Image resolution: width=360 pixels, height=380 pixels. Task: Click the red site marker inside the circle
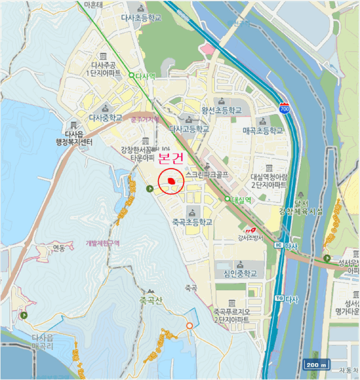171,180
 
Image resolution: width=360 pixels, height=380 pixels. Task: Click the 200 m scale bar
317,364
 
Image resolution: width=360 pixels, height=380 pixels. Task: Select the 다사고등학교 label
189,130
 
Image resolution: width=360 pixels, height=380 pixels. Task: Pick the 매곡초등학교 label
263,131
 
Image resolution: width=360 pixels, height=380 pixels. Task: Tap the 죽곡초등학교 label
192,222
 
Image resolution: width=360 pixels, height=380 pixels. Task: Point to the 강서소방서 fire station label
250,237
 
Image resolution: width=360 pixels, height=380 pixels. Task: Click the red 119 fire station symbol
250,229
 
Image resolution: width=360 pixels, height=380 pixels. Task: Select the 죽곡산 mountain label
151,300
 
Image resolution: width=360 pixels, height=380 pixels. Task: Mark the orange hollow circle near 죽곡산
190,326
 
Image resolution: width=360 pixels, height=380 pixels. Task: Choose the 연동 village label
59,248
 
